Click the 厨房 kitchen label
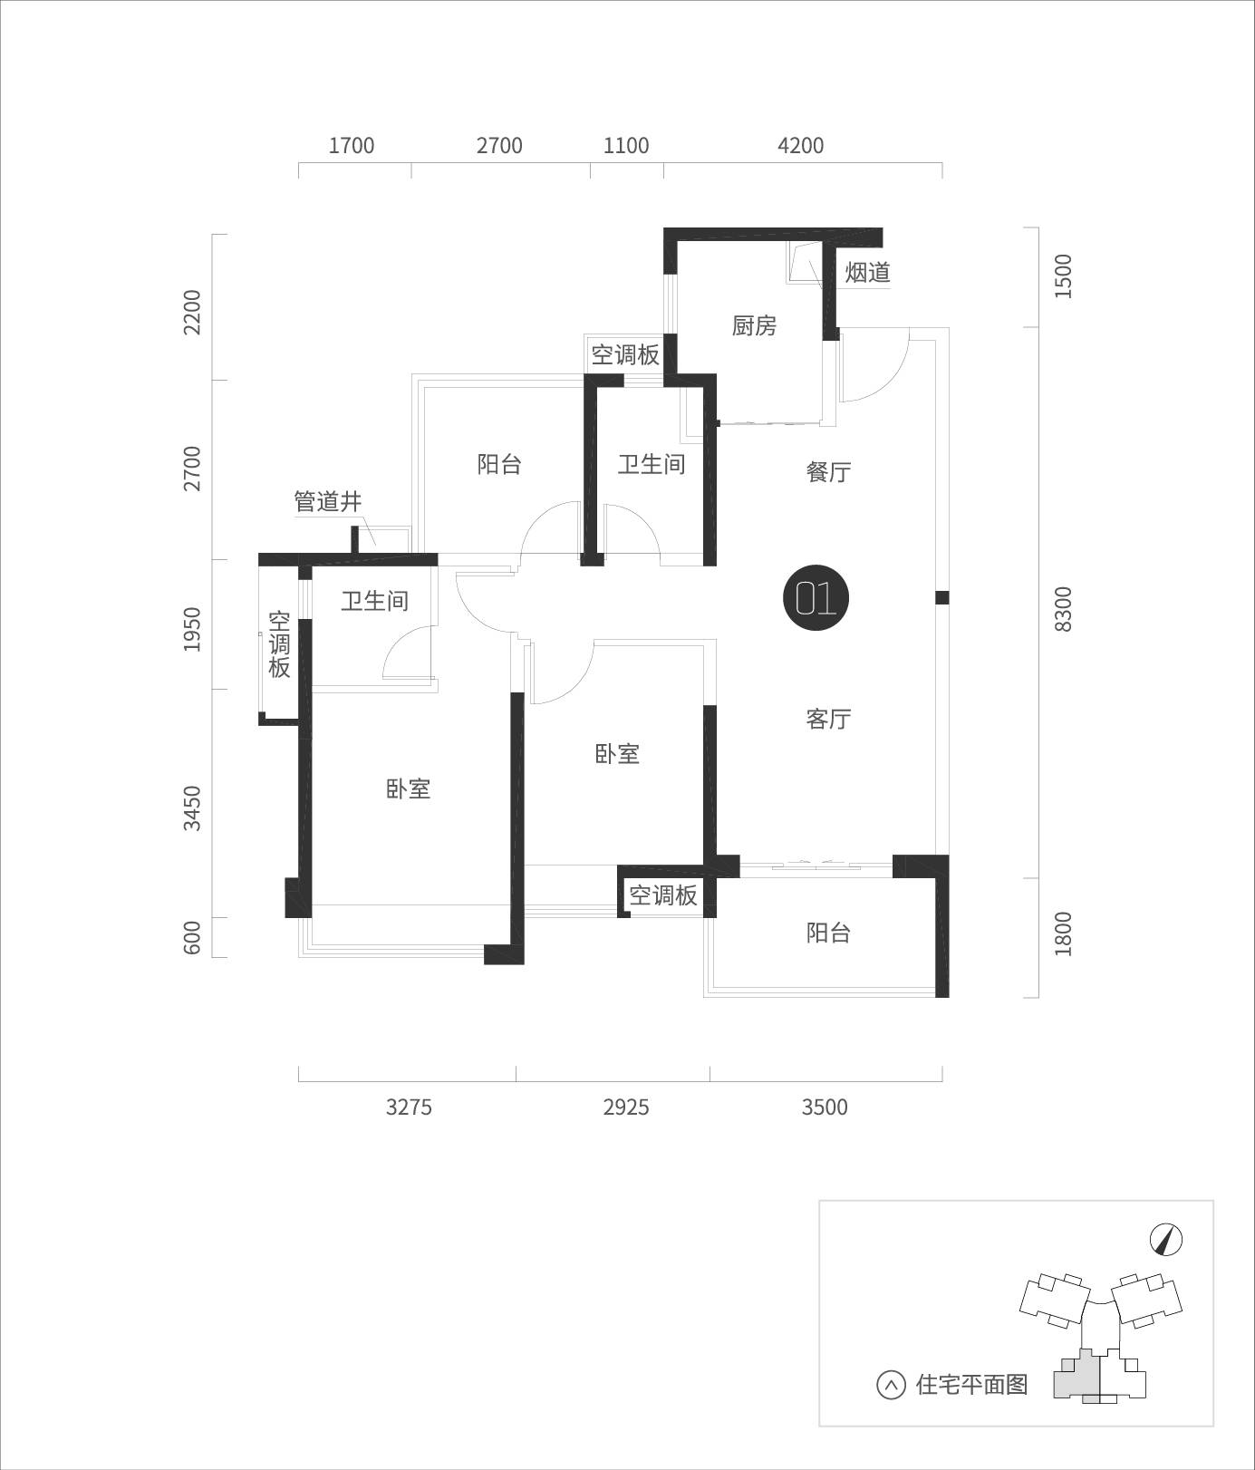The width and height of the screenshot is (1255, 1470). [x=754, y=325]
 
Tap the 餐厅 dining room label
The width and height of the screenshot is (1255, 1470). [x=828, y=472]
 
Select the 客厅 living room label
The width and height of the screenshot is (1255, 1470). [x=828, y=719]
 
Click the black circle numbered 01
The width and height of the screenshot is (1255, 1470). [x=816, y=598]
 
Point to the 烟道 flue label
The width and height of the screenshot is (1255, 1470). [x=868, y=272]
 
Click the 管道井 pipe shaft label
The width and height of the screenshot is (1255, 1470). [x=328, y=501]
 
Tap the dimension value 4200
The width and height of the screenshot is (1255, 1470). [x=801, y=146]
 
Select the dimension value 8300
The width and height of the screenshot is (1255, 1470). [x=1063, y=609]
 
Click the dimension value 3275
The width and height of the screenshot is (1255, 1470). [x=409, y=1107]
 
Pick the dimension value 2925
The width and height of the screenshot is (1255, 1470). [x=626, y=1107]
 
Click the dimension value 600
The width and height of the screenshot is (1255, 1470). [x=191, y=937]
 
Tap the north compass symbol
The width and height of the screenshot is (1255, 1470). [x=1167, y=1240]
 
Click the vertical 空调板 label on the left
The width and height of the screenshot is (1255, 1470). [x=279, y=644]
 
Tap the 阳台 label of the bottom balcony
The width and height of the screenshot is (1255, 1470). [x=828, y=933]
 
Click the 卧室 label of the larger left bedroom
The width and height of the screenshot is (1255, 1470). [x=408, y=788]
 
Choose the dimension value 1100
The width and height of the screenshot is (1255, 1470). [x=626, y=146]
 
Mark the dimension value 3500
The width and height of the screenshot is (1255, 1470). [x=825, y=1107]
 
